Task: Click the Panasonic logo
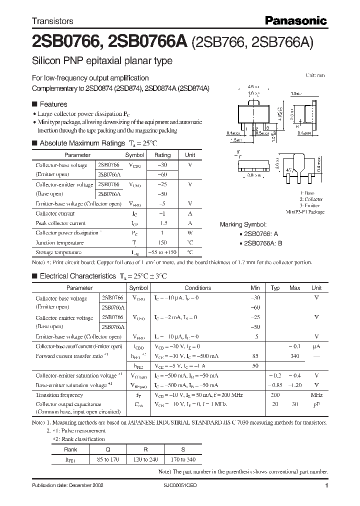click(295, 21)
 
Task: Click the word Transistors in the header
click(52, 21)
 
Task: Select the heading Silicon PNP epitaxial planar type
click(102, 61)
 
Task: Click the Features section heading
click(53, 104)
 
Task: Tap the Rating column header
click(162, 155)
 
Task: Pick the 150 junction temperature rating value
click(162, 242)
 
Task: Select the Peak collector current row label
click(60, 223)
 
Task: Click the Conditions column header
click(197, 288)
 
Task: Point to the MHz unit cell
click(316, 395)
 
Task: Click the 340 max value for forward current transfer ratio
click(294, 356)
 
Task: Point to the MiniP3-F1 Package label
click(305, 212)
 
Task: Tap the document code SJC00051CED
click(180, 486)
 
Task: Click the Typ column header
click(275, 288)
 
